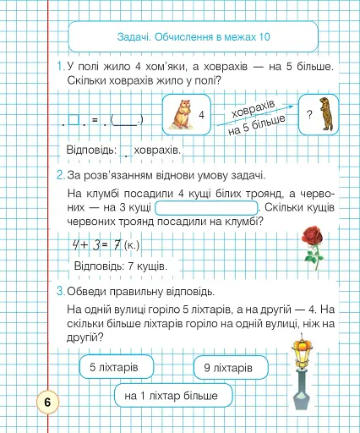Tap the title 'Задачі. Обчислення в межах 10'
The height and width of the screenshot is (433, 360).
click(194, 37)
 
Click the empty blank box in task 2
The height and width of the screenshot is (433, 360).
click(206, 208)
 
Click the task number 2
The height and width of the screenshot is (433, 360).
click(61, 176)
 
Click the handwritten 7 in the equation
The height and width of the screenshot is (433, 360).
click(116, 245)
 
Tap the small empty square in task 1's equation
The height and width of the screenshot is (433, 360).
click(74, 120)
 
